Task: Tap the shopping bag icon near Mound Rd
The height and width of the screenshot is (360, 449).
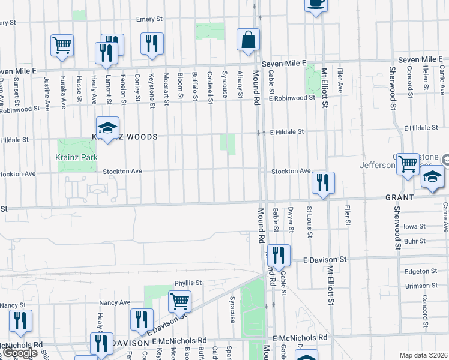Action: tap(248, 40)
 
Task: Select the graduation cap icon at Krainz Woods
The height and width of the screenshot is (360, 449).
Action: tap(108, 128)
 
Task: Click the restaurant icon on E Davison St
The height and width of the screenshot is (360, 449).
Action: tap(279, 256)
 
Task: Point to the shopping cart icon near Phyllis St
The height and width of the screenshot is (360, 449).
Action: tap(179, 301)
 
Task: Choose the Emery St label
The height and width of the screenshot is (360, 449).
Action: tap(149, 19)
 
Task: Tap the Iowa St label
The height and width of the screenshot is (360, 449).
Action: tap(414, 227)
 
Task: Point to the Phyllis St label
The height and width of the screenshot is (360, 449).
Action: tap(188, 283)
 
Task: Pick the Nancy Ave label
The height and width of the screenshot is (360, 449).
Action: tap(115, 302)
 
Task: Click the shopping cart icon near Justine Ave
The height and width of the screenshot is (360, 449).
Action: tap(62, 46)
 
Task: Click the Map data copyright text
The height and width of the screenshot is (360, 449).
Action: tap(423, 355)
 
